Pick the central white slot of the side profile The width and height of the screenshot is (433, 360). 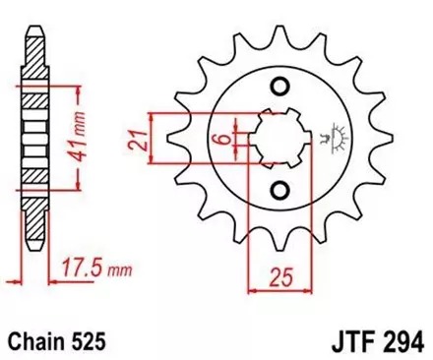[x=35, y=148]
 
